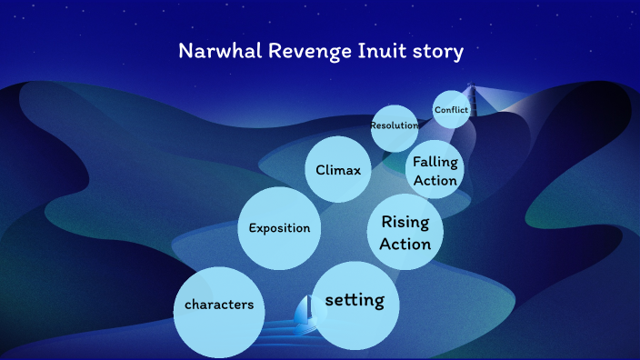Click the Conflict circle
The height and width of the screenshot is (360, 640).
coord(451,110)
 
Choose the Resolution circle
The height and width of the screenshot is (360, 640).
coord(395,125)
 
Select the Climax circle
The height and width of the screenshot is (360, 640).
coord(338,169)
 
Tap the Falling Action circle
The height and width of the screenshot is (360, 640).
coord(435,171)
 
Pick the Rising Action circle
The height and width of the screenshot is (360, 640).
coord(405,232)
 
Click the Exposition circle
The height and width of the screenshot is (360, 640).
coord(279,227)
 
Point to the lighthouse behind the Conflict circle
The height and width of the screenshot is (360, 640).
coord(471,94)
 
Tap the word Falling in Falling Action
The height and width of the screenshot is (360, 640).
coord(435,162)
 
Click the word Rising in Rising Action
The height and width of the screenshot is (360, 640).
coord(405,222)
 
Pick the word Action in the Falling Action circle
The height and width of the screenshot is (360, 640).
coord(435,180)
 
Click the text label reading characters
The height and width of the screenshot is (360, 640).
coord(219,305)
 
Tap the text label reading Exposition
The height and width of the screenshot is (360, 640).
coord(279,228)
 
